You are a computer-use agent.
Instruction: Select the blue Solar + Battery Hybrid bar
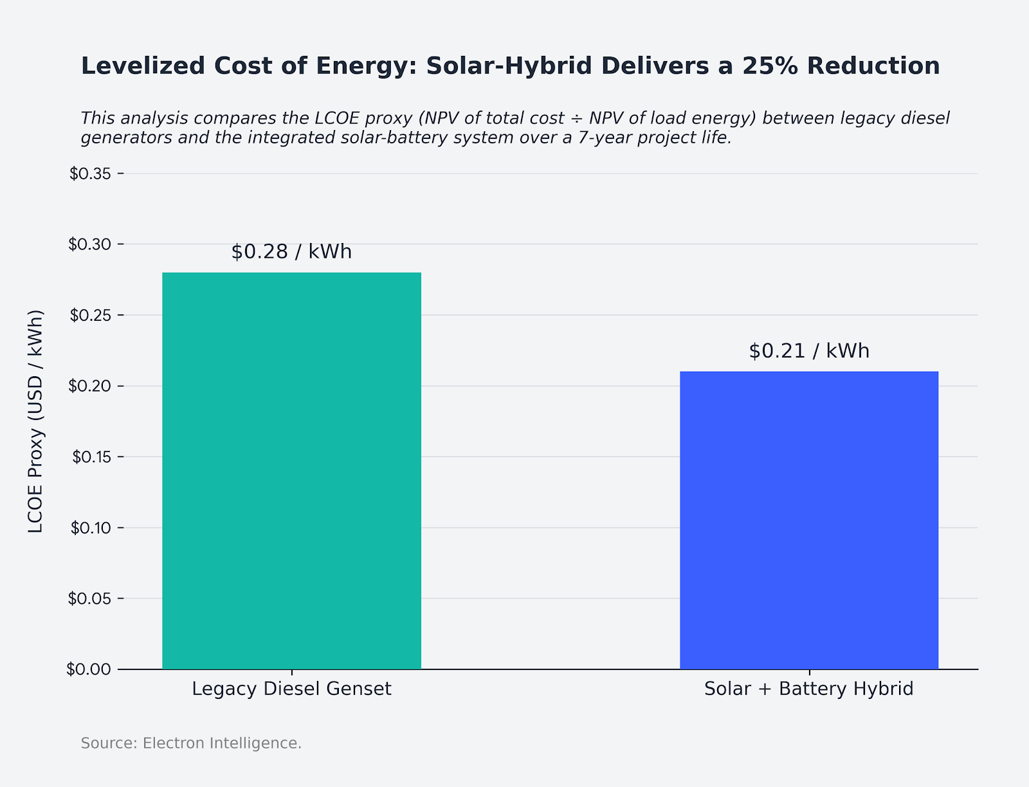point(809,520)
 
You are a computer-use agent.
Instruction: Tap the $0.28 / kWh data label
point(291,252)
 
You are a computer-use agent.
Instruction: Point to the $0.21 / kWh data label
point(809,351)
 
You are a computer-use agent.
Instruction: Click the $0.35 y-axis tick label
point(89,174)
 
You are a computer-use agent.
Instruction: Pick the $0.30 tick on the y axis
point(89,244)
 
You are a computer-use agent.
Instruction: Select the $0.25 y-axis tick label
point(89,315)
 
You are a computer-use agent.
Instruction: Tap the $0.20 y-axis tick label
point(89,386)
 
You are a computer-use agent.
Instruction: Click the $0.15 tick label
point(89,457)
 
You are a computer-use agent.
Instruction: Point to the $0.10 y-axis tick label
point(89,528)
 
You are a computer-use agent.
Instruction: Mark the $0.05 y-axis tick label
point(89,599)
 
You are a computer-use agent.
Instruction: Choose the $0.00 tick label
point(89,669)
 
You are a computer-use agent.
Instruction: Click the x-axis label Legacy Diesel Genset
point(291,689)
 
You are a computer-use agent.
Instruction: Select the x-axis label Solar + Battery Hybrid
point(809,689)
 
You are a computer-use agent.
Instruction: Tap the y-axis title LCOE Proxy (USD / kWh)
point(36,421)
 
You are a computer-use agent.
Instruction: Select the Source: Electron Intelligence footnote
point(191,743)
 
